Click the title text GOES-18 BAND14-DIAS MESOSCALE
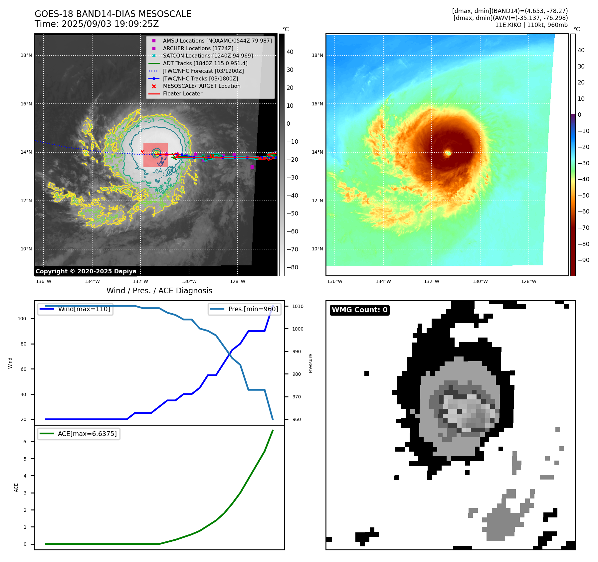pos(113,14)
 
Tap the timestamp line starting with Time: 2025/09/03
pos(97,24)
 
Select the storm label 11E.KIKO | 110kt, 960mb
pos(531,25)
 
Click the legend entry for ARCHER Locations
pos(198,48)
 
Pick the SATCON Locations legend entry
pos(208,56)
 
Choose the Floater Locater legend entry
pos(182,94)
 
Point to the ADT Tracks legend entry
pos(205,63)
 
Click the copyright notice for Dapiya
pos(86,271)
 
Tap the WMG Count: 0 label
pos(359,310)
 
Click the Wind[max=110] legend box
pos(76,309)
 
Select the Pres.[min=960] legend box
pos(245,309)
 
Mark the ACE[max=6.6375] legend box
pos(79,434)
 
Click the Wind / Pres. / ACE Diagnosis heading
pos(159,291)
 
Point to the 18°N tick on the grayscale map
pos(26,56)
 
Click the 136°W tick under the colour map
pos(334,282)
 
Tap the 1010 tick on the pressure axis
pos(298,306)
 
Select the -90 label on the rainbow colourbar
pos(583,260)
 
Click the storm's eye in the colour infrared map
pos(448,153)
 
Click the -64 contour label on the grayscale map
pos(157,171)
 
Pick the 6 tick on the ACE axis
pos(25,442)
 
